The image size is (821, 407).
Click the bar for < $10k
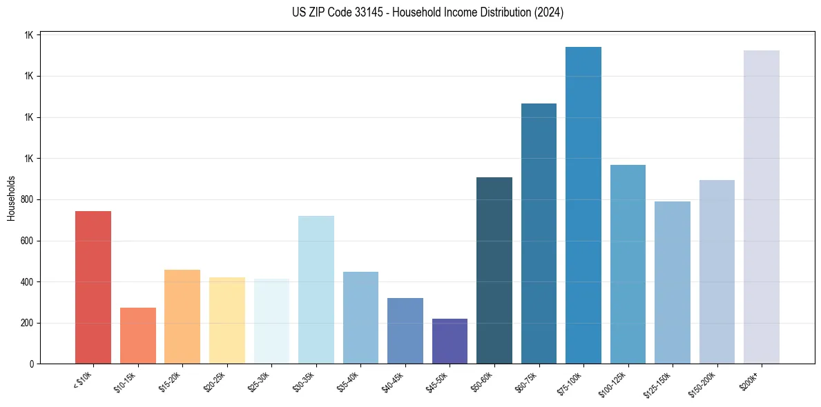(x=93, y=287)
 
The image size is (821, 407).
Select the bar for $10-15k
(x=137, y=335)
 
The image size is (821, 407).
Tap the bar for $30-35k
(x=316, y=290)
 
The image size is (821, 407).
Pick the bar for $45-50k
(x=450, y=341)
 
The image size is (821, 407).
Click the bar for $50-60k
(x=494, y=270)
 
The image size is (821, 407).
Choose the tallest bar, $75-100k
(x=583, y=205)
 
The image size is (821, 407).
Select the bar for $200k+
(x=762, y=207)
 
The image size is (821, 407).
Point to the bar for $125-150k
(x=673, y=282)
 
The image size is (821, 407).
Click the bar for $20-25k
(x=227, y=320)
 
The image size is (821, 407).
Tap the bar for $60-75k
(x=539, y=233)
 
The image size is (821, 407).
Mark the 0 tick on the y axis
(x=32, y=364)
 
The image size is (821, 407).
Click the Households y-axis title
(x=11, y=198)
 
